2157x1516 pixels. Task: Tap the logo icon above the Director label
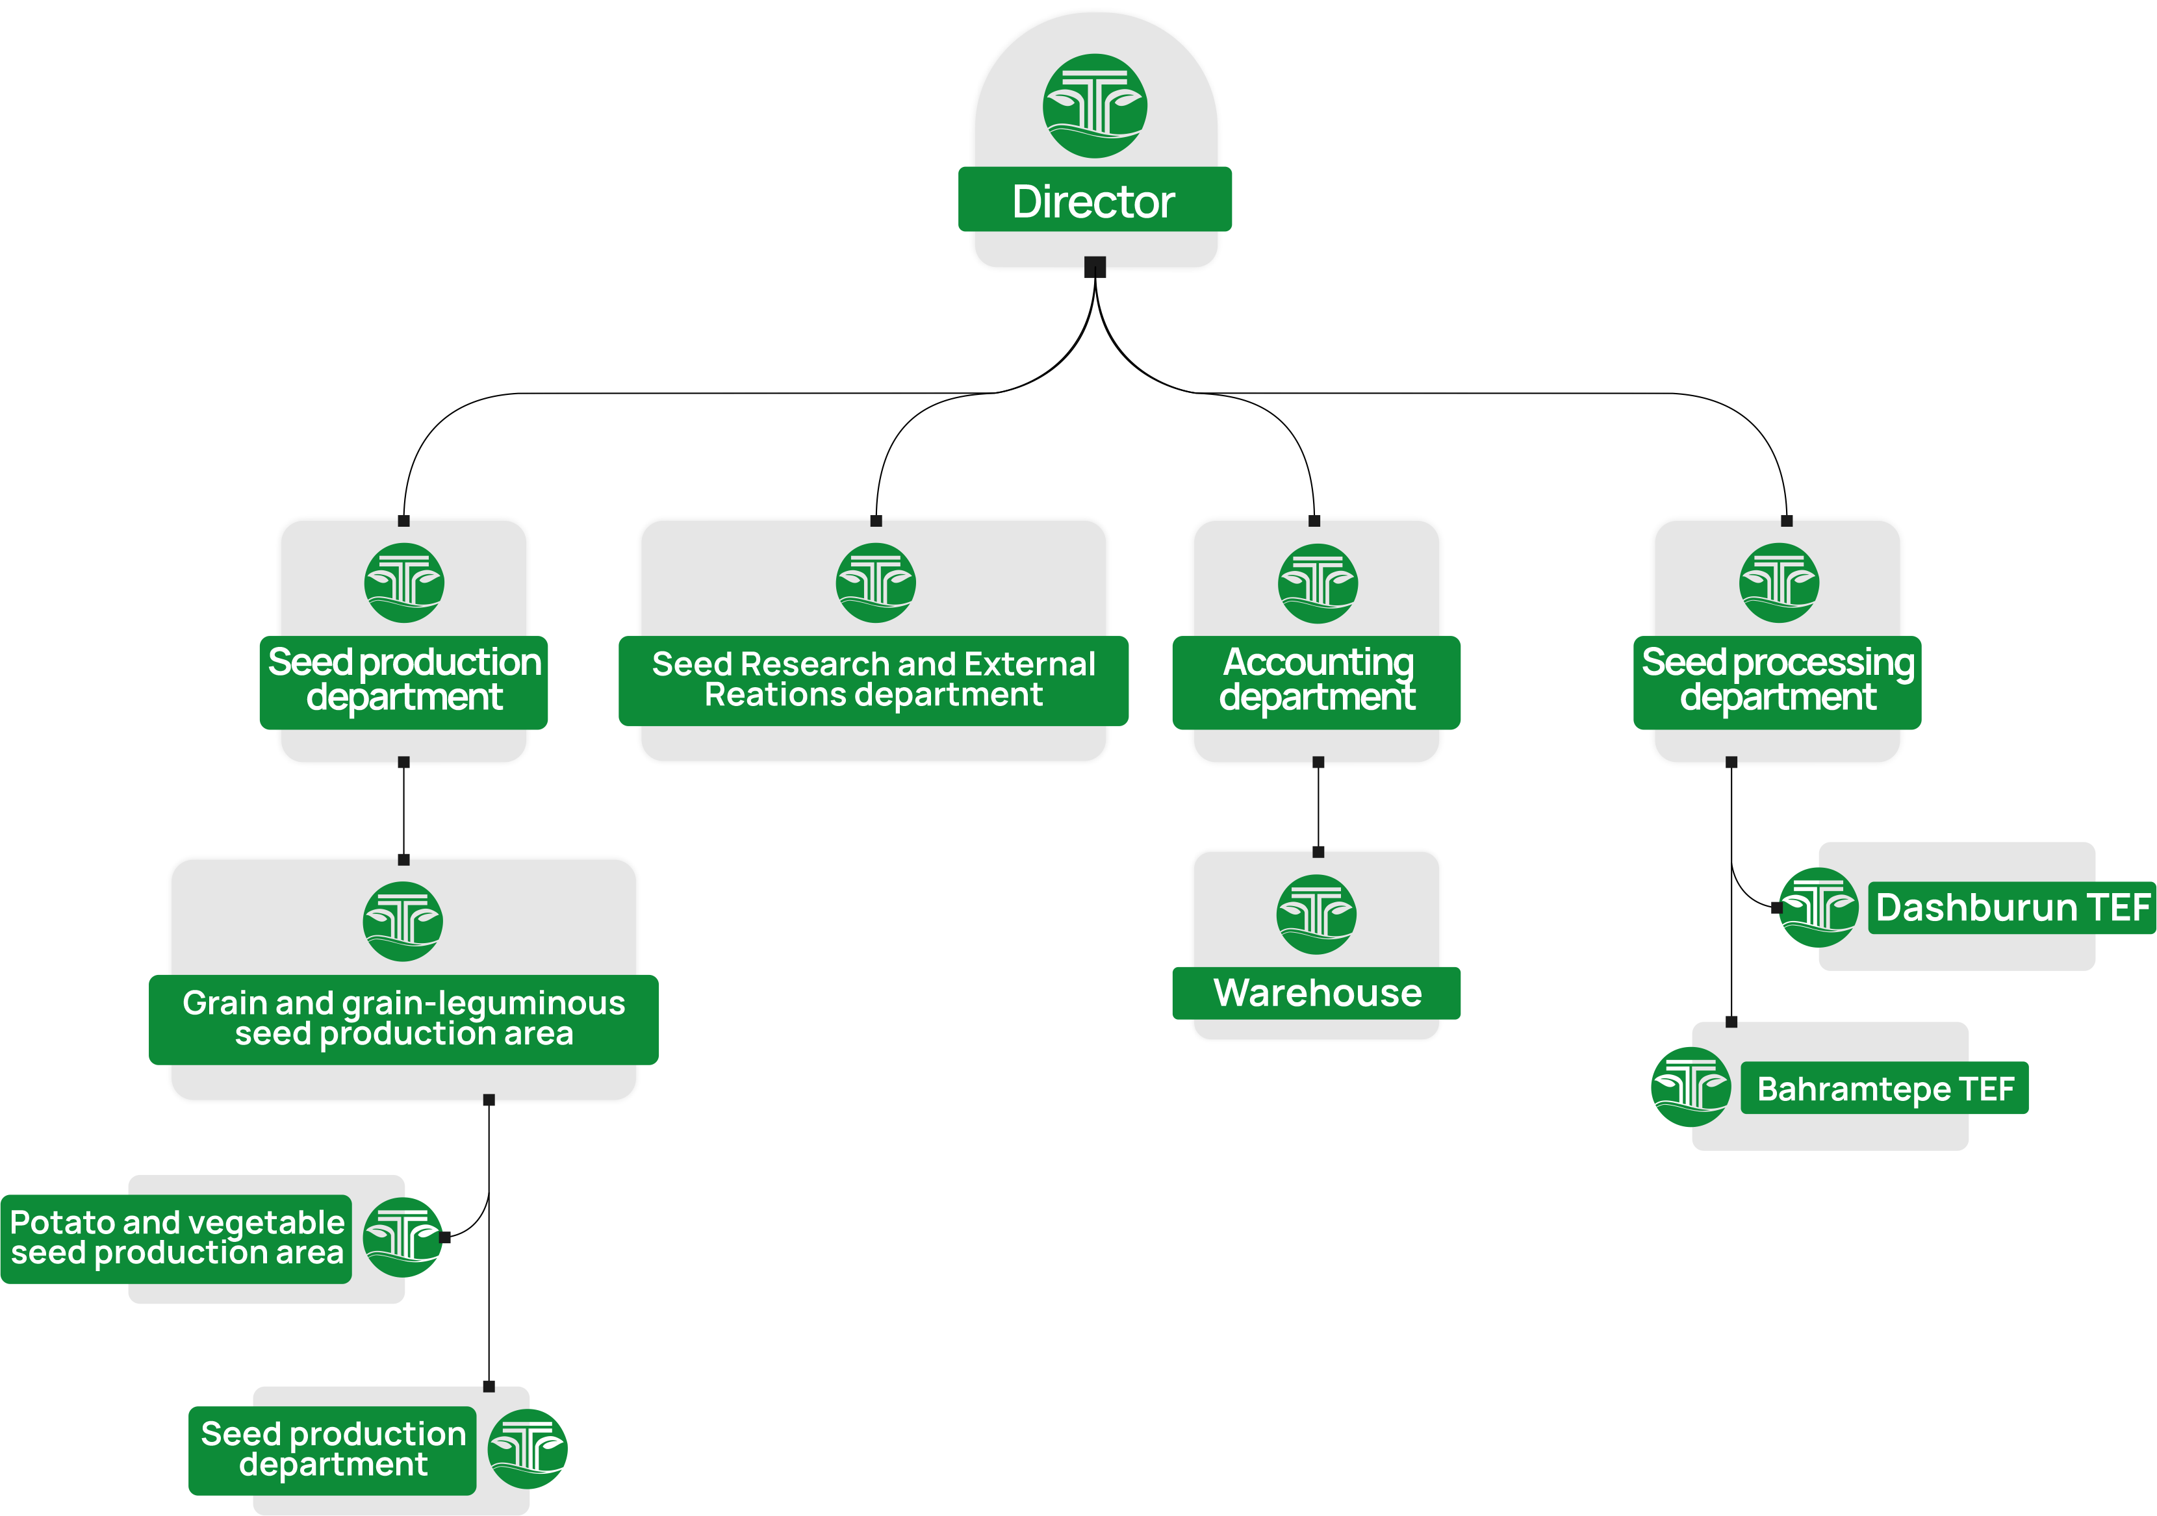click(x=1095, y=105)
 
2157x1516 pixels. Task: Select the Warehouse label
click(x=1317, y=993)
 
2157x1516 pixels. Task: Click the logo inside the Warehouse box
click(x=1316, y=914)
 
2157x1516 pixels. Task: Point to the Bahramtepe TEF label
click(x=1885, y=1089)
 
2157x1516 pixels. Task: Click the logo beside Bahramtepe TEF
click(x=1690, y=1087)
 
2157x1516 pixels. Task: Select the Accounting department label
click(x=1316, y=680)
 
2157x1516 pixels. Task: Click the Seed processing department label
click(x=1778, y=680)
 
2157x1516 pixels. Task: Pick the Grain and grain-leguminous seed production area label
click(x=404, y=1018)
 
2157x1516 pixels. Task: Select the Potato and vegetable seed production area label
click(x=177, y=1237)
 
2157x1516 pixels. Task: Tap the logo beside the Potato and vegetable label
click(x=402, y=1237)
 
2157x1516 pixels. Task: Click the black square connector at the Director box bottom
click(x=1095, y=267)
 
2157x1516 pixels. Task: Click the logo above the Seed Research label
click(x=876, y=583)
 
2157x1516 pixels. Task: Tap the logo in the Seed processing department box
click(x=1778, y=583)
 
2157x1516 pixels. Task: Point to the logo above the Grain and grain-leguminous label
click(x=403, y=922)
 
